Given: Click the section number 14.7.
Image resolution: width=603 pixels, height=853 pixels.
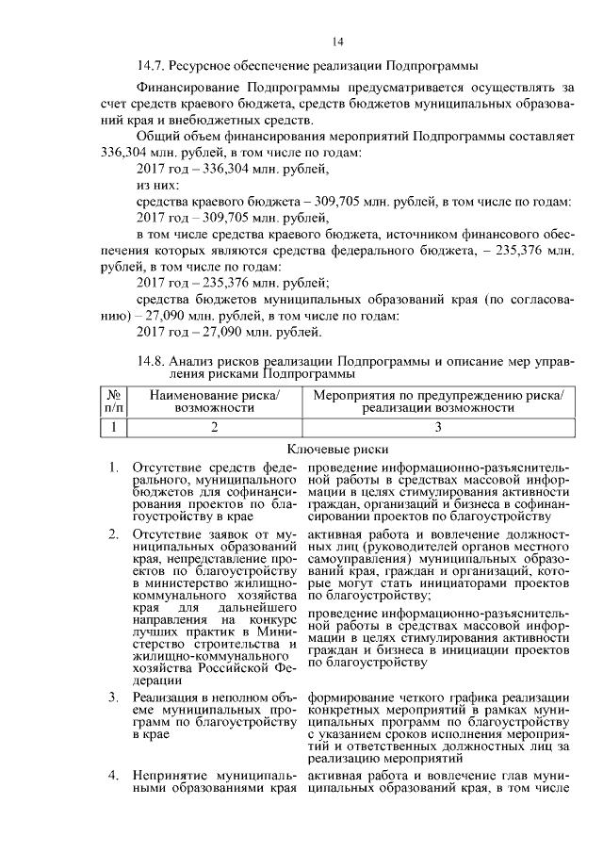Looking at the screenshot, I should tap(154, 65).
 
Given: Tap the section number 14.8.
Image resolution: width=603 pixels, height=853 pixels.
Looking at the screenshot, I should tap(153, 361).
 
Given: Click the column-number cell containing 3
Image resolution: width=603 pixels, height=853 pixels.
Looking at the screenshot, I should tap(437, 428).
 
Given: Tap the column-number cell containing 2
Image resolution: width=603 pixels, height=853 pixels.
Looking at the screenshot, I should tap(214, 428).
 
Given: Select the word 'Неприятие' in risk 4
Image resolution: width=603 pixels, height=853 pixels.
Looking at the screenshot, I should tap(166, 776).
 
